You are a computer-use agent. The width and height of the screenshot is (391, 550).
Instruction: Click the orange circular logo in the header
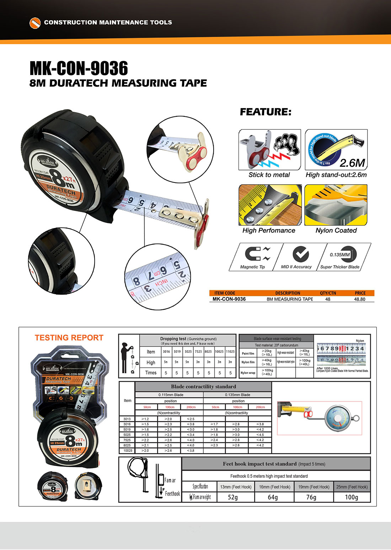click(35, 22)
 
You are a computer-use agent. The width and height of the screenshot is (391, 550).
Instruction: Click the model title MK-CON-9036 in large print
click(79, 68)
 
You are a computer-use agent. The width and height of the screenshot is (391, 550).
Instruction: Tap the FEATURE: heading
click(266, 112)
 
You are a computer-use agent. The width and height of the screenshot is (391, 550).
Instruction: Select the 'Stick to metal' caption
click(269, 175)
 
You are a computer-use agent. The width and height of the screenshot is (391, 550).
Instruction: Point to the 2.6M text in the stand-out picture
click(352, 163)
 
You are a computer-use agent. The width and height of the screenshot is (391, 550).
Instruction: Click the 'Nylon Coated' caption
click(336, 230)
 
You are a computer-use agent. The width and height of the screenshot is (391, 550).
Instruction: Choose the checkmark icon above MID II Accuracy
click(300, 254)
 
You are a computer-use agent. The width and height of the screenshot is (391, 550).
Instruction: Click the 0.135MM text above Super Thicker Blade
click(339, 255)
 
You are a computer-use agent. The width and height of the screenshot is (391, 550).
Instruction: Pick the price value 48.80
click(360, 299)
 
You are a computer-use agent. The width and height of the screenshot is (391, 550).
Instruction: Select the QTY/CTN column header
click(328, 293)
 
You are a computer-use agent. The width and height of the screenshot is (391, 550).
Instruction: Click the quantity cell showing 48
click(328, 299)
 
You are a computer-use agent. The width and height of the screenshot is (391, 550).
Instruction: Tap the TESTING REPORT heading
click(69, 338)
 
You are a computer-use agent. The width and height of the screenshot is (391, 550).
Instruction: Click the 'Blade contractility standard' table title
click(203, 386)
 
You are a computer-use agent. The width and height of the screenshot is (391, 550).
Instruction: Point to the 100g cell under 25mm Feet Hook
click(352, 497)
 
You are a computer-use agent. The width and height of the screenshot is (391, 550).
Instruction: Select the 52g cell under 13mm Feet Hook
click(233, 497)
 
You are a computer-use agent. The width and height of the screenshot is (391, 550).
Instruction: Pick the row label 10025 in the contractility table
click(128, 450)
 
